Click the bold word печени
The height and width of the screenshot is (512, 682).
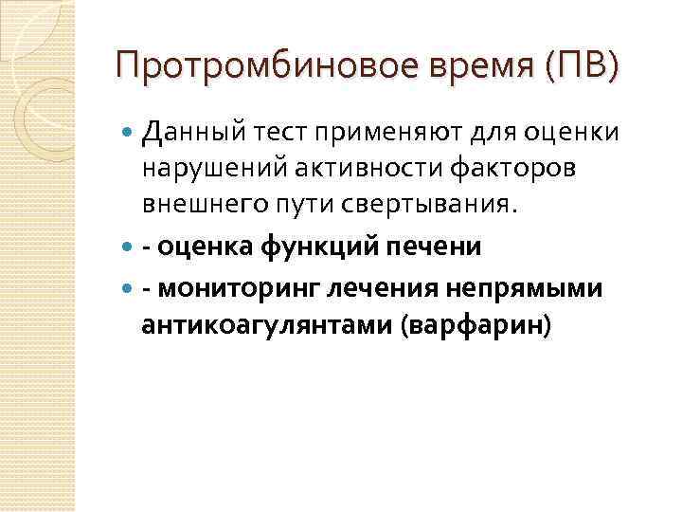439,247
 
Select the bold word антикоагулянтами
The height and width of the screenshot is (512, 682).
268,325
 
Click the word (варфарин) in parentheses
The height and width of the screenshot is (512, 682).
476,325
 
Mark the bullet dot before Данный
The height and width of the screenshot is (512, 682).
130,134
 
